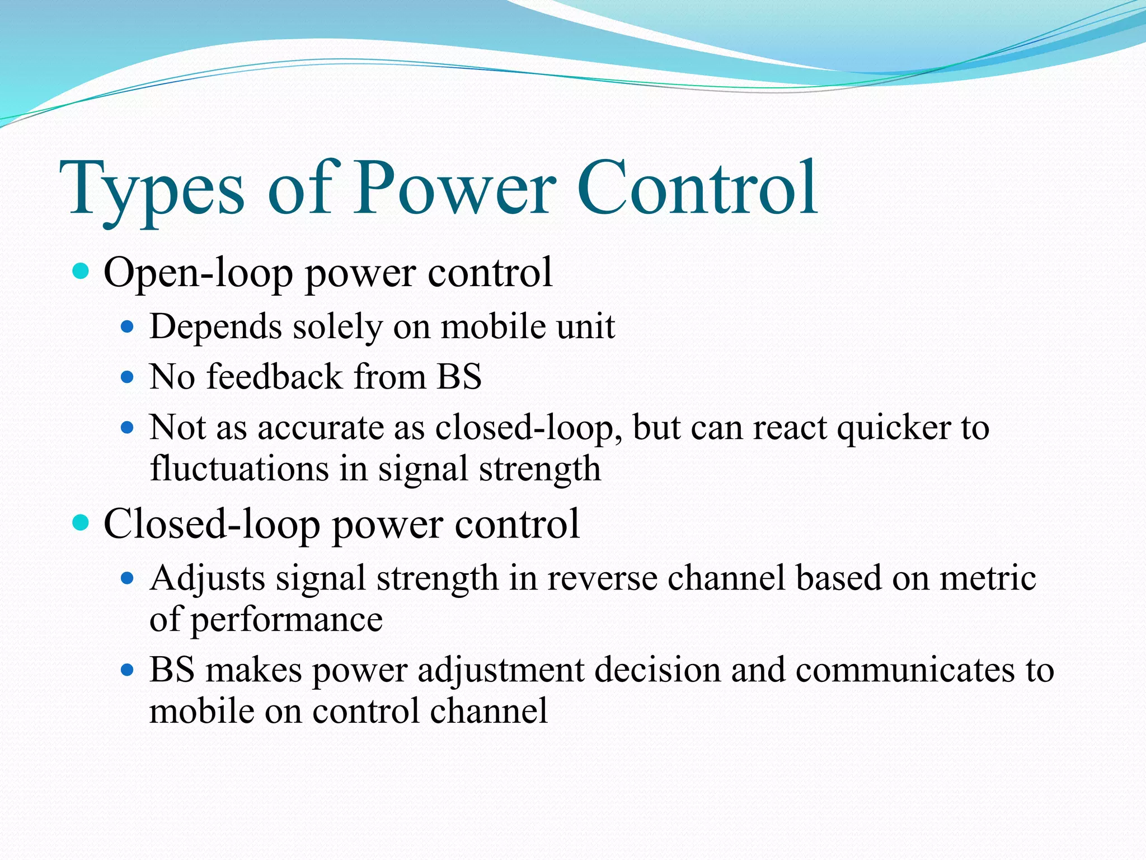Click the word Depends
(215, 327)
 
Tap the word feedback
(274, 376)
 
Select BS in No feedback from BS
(459, 376)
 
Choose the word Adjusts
(207, 579)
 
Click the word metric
(988, 578)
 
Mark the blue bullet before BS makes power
(128, 669)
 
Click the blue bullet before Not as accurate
(128, 428)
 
